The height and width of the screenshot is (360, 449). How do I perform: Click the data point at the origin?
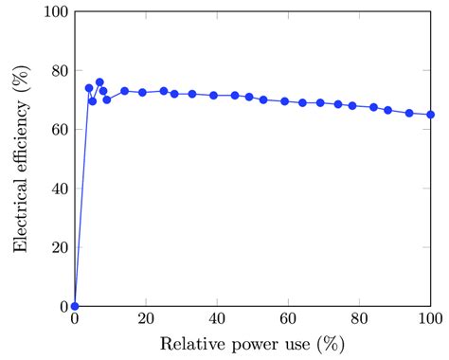[75, 306]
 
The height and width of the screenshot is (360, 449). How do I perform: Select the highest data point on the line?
[99, 82]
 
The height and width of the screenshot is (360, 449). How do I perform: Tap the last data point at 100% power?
[431, 115]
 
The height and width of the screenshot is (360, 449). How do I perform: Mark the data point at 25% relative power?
[164, 91]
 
